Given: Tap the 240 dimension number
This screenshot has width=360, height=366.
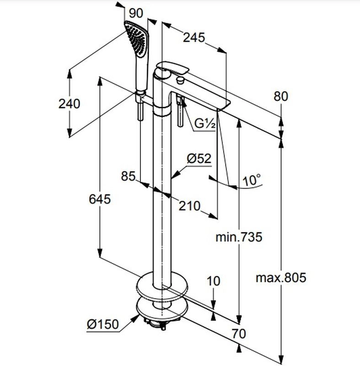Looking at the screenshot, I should pos(69,103).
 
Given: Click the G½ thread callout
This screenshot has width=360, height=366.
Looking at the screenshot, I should pos(204,124).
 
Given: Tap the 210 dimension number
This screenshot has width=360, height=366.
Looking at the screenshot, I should pos(189,206).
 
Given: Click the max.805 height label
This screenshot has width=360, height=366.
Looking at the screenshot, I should pos(280,277).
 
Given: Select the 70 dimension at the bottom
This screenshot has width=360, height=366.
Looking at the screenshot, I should pos(238,334).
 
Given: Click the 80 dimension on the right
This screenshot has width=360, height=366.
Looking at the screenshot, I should pos(280,97).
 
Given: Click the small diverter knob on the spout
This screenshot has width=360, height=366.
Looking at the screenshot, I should pos(181,81).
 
